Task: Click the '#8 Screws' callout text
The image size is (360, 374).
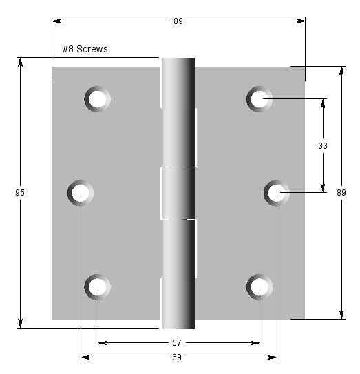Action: point(85,49)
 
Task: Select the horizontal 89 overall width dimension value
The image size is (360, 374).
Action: point(178,21)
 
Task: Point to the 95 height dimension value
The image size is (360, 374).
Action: point(20,194)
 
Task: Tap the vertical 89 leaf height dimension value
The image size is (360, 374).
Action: point(341,194)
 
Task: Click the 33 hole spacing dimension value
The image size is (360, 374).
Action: point(322,146)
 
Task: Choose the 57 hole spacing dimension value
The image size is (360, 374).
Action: point(178,342)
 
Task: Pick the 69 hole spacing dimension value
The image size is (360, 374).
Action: point(178,357)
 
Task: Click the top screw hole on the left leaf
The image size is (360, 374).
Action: point(97,99)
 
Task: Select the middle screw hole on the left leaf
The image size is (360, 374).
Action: point(81,192)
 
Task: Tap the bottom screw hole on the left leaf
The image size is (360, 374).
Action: point(97,286)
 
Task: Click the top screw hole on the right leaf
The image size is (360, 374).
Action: point(260,99)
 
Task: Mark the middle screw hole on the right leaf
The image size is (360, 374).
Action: point(277,192)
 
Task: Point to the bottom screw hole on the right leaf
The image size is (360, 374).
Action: point(260,286)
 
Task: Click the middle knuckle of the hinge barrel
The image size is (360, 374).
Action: point(178,193)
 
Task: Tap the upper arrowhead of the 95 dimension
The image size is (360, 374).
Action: point(21,62)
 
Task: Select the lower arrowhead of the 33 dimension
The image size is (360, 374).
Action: point(322,187)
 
